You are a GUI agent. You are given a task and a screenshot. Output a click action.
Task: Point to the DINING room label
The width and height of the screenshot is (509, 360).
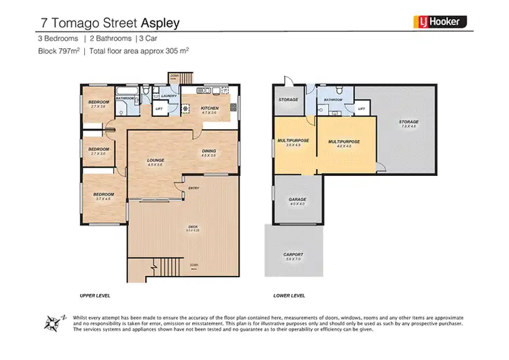tap(208, 151)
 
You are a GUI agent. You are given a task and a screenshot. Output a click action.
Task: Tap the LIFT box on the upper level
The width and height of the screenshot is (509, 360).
tap(160, 108)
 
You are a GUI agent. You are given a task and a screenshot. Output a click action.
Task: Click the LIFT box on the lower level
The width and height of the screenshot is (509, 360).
tap(360, 108)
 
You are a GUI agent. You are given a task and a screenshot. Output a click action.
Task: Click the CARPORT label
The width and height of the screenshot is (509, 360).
tap(294, 255)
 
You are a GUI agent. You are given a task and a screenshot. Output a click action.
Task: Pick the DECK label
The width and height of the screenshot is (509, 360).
tap(183, 228)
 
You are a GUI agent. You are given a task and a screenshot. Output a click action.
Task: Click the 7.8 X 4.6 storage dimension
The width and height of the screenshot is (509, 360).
tap(409, 126)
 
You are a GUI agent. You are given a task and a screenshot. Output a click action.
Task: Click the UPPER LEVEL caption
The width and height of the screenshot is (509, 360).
tap(94, 295)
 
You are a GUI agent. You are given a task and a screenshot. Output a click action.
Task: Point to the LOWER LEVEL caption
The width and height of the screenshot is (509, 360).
tap(290, 295)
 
